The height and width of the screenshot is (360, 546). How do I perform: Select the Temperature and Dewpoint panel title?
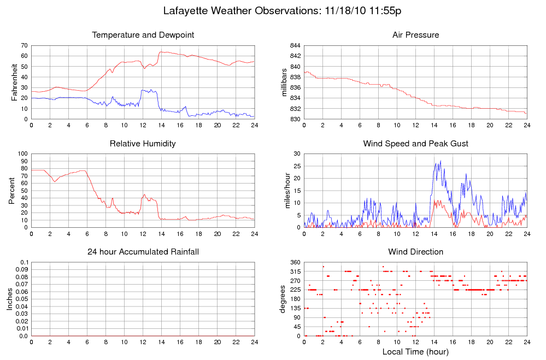point(143,35)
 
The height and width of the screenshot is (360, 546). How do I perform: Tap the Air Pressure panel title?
point(415,35)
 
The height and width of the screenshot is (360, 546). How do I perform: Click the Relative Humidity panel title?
point(143,144)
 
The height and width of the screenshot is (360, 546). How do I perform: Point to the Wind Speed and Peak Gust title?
point(415,144)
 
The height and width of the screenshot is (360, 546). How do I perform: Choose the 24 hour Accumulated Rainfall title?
point(143,252)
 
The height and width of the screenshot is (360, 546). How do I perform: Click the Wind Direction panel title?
point(415,252)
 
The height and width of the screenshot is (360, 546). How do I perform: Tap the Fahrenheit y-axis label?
point(15,82)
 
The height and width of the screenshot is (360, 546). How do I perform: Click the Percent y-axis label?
point(11,191)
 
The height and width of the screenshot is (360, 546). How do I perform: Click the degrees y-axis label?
point(283,299)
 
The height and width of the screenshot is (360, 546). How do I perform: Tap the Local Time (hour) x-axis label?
point(415,352)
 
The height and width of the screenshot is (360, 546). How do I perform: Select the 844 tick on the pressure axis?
point(295,45)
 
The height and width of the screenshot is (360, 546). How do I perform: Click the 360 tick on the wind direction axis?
point(295,263)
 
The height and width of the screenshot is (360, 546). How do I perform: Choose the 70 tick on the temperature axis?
point(24,45)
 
